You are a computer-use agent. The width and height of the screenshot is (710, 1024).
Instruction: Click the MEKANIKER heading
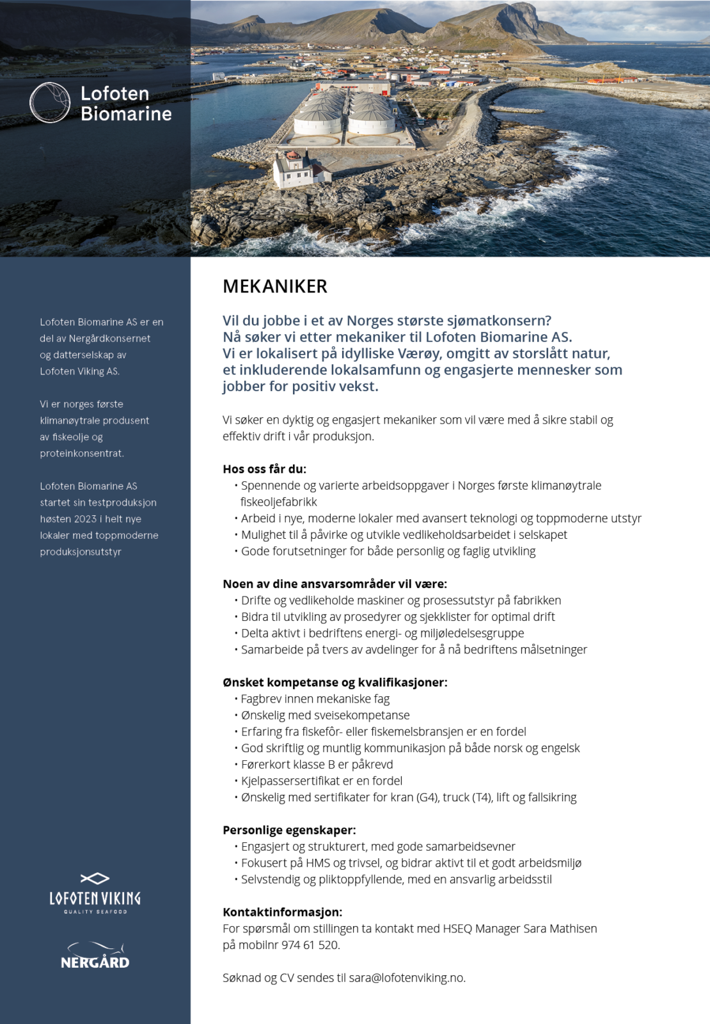click(275, 286)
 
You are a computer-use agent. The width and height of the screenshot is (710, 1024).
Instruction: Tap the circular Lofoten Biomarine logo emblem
click(50, 102)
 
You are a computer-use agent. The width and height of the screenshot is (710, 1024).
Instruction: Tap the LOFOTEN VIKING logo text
click(95, 899)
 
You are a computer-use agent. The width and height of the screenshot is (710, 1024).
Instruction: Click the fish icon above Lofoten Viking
click(95, 879)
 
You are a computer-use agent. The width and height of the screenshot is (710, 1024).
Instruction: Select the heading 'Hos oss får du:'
click(264, 469)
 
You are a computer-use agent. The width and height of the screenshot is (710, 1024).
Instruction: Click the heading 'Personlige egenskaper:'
click(289, 830)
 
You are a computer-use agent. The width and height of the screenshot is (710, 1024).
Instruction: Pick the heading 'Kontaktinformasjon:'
click(282, 912)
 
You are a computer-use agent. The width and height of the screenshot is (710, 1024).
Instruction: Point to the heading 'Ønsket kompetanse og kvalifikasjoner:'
click(335, 682)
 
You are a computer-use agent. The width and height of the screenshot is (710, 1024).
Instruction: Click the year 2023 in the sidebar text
click(85, 519)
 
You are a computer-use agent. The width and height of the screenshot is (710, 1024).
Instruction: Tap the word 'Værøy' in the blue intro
click(419, 353)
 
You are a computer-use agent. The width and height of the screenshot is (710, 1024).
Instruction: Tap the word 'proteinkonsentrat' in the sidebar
click(81, 453)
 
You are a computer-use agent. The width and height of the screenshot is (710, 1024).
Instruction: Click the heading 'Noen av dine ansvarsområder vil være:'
click(335, 584)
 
